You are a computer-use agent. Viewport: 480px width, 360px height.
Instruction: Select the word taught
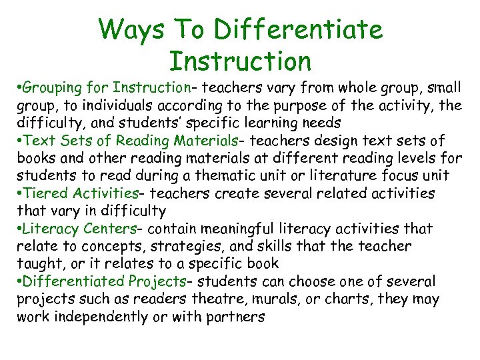click(x=37, y=264)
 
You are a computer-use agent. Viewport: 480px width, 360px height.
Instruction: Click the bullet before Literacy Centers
click(x=20, y=229)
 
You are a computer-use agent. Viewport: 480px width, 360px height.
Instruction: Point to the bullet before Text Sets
click(x=20, y=141)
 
